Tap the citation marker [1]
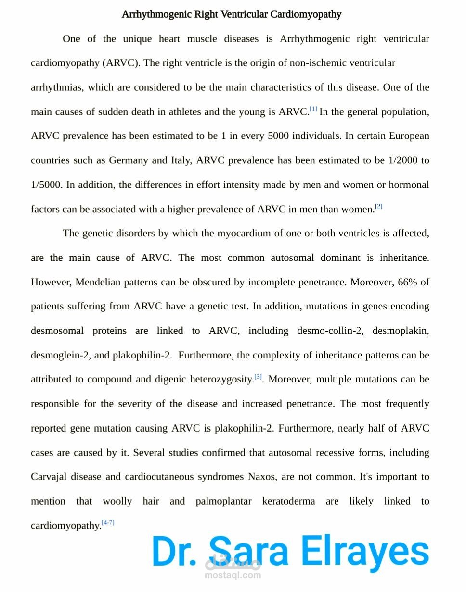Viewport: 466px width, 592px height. tap(313, 110)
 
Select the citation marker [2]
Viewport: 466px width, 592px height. tap(379, 207)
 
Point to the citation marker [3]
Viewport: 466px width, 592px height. tap(258, 377)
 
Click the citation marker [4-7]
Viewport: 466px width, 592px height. tap(108, 523)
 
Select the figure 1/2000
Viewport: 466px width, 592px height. tap(402, 160)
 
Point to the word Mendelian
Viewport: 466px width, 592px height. tap(98, 282)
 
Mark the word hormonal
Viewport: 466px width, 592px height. tap(409, 185)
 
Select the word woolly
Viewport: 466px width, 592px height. tap(117, 501)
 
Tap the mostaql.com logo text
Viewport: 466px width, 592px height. tap(233, 575)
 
